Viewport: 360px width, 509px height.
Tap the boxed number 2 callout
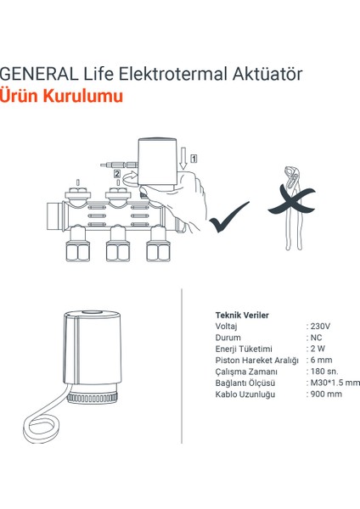point(116,174)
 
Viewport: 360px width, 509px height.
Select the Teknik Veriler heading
point(242,315)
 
